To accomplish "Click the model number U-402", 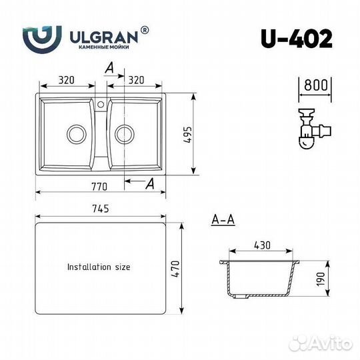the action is coord(297,39).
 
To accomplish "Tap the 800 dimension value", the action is coord(316,85).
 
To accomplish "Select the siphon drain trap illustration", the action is coord(314,129).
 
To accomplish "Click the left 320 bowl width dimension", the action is coord(67,80).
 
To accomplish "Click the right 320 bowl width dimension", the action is coord(136,80).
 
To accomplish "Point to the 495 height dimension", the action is coord(187,135).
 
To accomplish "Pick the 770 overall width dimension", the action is coord(99,187).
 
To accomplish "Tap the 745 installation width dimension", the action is coord(101,209).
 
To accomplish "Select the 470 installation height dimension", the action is coord(175,269).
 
